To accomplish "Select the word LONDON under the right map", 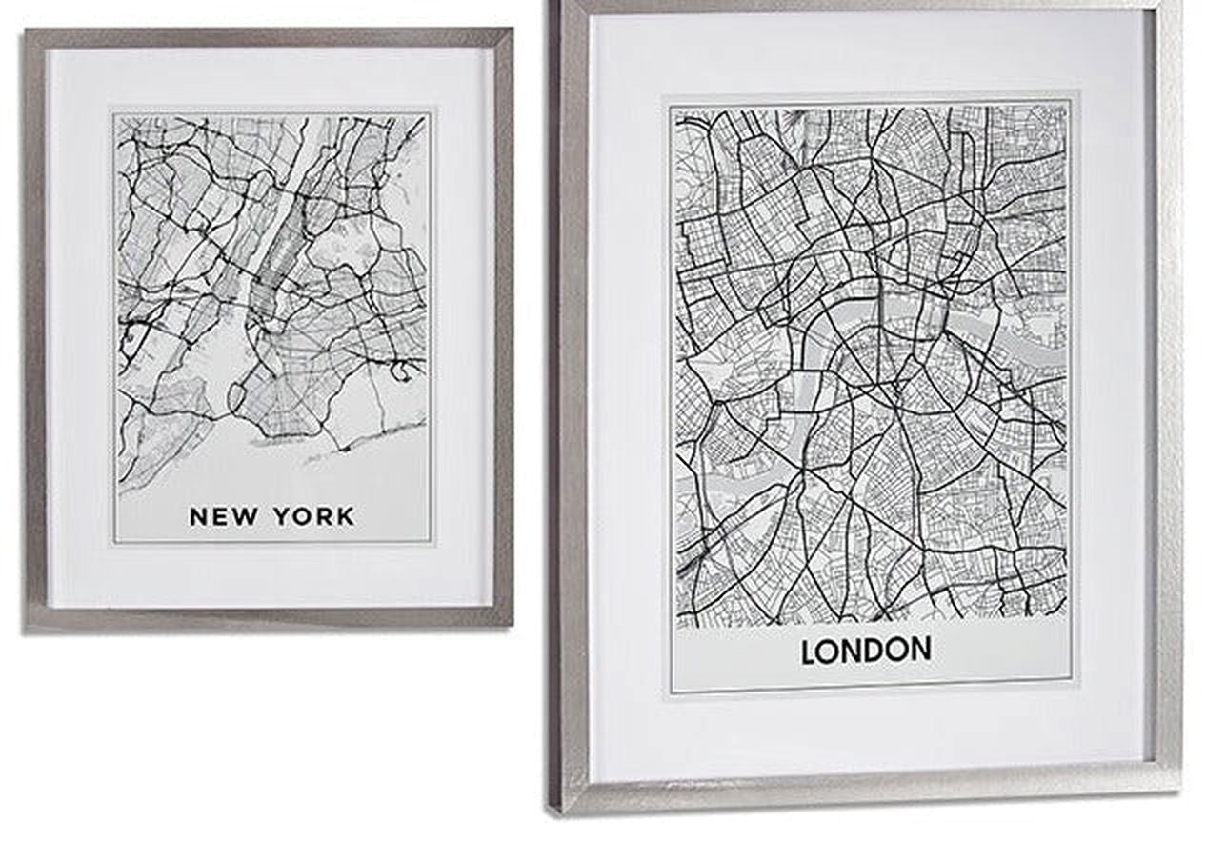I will [866, 651].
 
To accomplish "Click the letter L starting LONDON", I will [809, 652].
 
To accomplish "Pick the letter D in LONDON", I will [871, 651].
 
